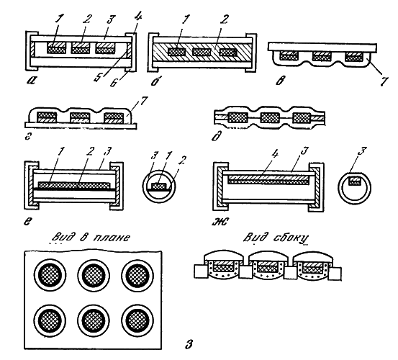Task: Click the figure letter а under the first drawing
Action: tap(31, 81)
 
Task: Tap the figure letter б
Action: tap(155, 81)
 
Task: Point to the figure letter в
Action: tap(279, 81)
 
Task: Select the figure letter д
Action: tap(216, 136)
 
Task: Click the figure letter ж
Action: tap(220, 222)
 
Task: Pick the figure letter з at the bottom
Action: tap(189, 344)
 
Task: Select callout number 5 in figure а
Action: tap(97, 77)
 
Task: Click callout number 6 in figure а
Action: tap(114, 82)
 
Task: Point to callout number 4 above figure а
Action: tap(139, 17)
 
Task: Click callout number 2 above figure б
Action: tap(225, 19)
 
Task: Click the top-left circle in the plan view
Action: tap(50, 275)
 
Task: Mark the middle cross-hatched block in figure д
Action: tap(270, 118)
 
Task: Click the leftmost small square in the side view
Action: tap(201, 271)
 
